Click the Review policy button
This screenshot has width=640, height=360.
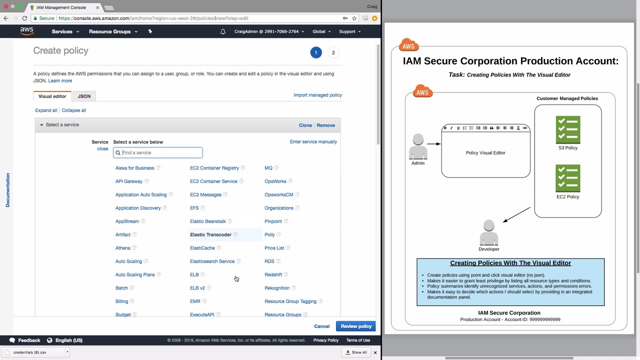356,326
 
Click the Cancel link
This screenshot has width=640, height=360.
321,326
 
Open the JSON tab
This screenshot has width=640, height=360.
84,96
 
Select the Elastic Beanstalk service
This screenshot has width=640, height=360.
207,221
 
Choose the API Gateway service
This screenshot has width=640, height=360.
129,181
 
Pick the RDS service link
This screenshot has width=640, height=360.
269,261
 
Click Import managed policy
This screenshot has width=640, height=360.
317,95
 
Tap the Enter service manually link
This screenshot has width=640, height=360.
313,141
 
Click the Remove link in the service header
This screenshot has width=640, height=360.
325,125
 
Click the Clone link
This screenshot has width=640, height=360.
305,125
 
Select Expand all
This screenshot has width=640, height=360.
46,110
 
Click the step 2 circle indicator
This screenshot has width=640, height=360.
333,52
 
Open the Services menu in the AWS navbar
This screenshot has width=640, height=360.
65,31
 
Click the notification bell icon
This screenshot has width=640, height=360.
223,31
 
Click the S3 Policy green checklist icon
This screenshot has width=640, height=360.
567,129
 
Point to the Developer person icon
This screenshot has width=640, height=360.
488,232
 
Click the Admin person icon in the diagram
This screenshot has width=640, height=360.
418,146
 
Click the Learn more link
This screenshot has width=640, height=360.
60,80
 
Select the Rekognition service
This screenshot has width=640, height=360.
277,288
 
